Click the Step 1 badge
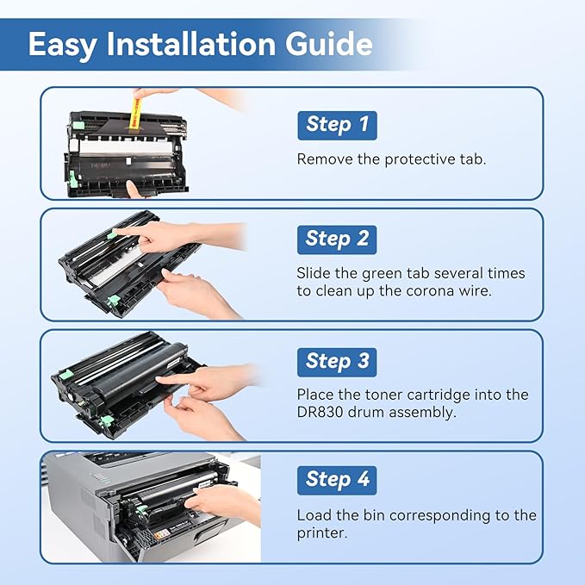337,125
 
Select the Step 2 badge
337,239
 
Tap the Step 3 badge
337,361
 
